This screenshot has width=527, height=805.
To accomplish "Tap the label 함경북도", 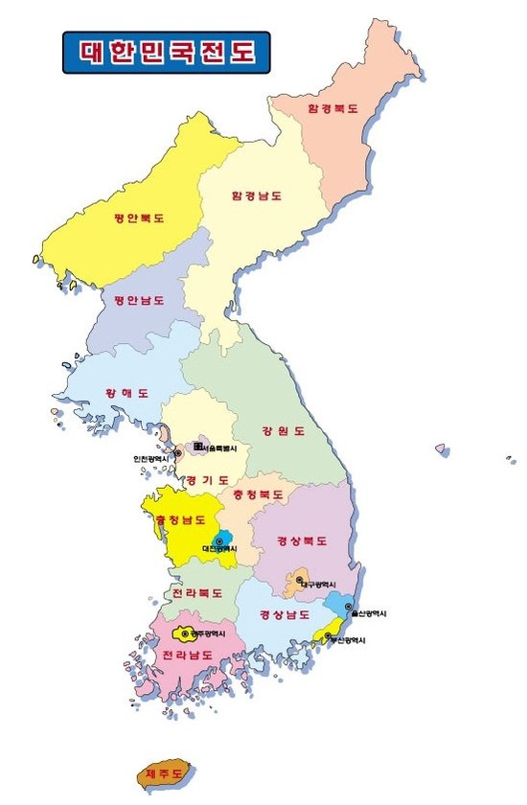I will pyautogui.click(x=332, y=109).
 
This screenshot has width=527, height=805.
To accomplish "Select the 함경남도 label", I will pyautogui.click(x=256, y=195).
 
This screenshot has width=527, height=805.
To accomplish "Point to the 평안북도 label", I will pyautogui.click(x=139, y=218).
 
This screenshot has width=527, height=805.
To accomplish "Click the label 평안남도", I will pyautogui.click(x=139, y=300).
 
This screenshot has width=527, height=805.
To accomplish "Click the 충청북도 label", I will pyautogui.click(x=258, y=494).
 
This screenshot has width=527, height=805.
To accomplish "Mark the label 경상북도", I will pyautogui.click(x=302, y=540).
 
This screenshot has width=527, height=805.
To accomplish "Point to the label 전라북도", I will pyautogui.click(x=196, y=593).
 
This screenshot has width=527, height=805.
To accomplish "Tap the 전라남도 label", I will pyautogui.click(x=187, y=655).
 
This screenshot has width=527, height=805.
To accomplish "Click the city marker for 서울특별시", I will pyautogui.click(x=198, y=447).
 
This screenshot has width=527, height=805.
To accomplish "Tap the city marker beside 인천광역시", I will pyautogui.click(x=178, y=453).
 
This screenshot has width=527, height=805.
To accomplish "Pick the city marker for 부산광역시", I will pyautogui.click(x=329, y=634).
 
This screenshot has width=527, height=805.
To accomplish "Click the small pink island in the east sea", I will pyautogui.click(x=442, y=448).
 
